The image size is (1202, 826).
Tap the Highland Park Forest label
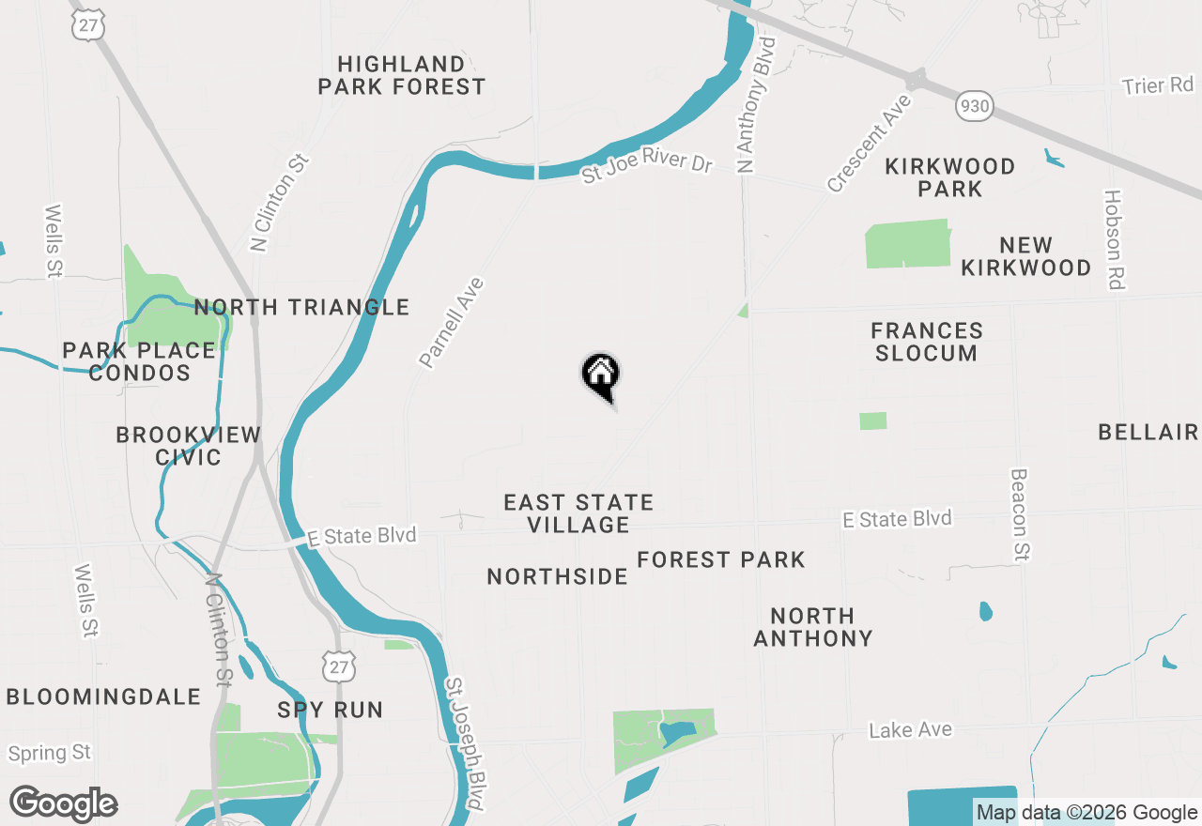(x=402, y=75)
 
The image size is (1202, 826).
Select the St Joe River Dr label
(x=647, y=168)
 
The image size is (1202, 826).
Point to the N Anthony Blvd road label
(x=758, y=105)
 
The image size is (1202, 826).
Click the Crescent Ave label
(x=869, y=143)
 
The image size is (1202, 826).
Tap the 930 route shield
(x=975, y=106)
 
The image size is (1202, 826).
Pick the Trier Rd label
(x=1157, y=85)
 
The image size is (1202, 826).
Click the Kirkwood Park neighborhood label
(x=950, y=177)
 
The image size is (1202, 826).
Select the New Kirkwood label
(x=1025, y=256)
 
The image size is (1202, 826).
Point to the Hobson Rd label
(x=1114, y=240)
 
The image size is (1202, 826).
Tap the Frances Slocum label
(x=927, y=342)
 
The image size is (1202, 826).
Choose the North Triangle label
(x=301, y=307)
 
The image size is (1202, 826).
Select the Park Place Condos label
(x=140, y=361)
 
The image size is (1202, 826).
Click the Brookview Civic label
(x=188, y=446)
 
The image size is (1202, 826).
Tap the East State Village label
(x=578, y=513)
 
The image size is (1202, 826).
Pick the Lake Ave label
(x=910, y=729)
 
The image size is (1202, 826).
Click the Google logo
(x=64, y=803)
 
